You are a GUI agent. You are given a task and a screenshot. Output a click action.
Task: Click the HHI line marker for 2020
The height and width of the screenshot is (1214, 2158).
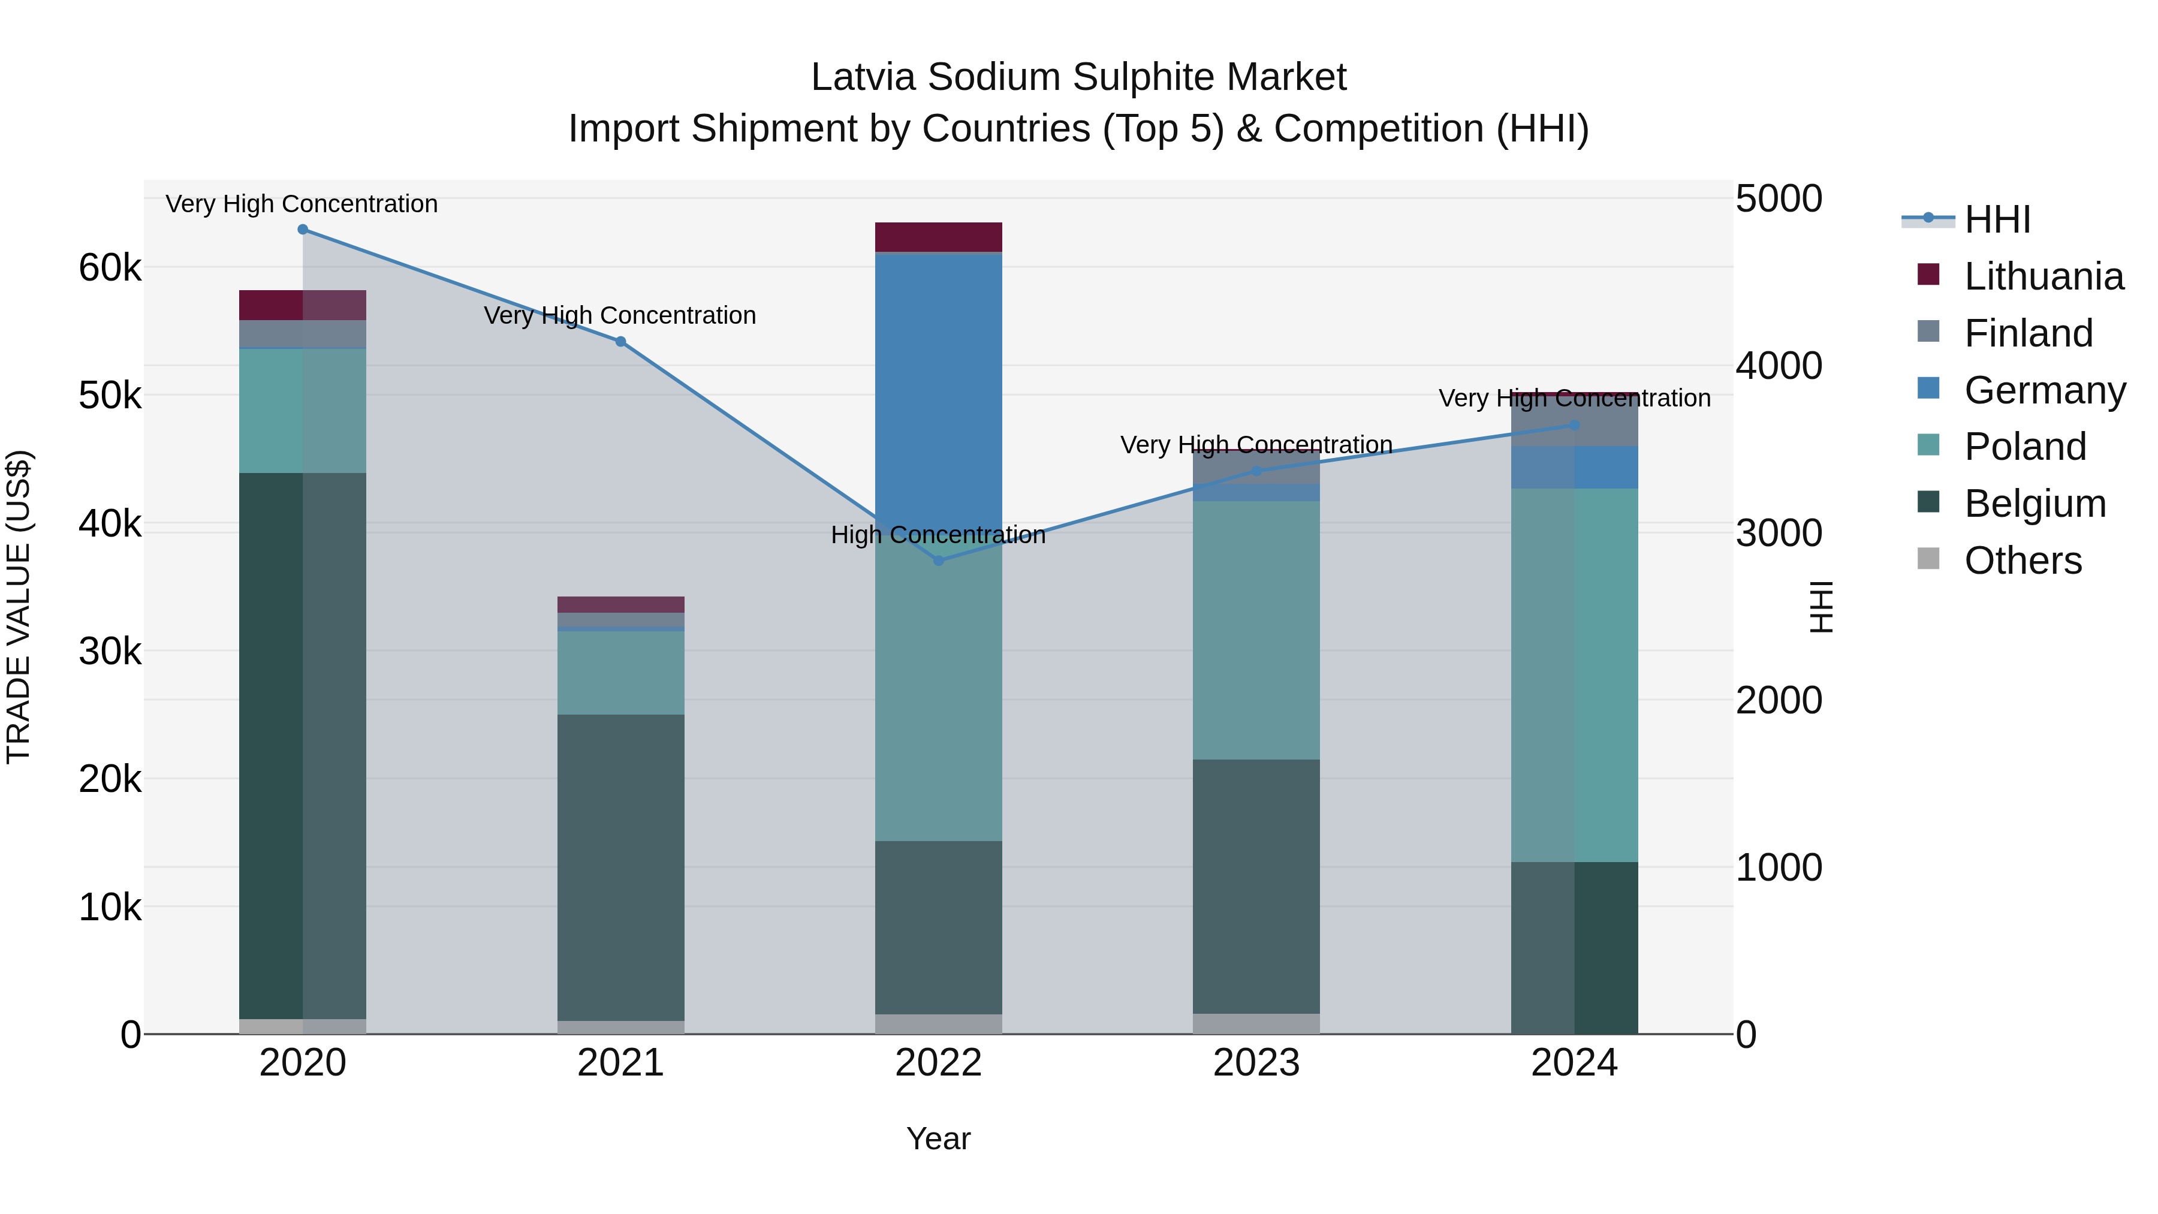[x=303, y=230]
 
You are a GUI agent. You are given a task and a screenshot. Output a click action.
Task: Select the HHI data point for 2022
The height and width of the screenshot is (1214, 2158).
[x=938, y=561]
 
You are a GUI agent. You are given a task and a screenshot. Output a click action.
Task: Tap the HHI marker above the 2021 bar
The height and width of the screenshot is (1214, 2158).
[x=621, y=342]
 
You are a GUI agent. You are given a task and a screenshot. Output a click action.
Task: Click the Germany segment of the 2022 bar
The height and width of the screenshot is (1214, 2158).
[x=938, y=385]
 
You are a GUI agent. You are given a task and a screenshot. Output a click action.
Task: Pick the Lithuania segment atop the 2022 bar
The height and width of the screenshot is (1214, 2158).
[x=938, y=237]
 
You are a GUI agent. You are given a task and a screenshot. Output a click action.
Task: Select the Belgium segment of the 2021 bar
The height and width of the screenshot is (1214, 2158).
[x=621, y=867]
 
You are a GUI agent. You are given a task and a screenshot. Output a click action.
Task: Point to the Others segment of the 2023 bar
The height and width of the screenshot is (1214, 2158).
[x=1256, y=1024]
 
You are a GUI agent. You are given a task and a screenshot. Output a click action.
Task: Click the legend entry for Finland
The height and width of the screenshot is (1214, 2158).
[x=2028, y=333]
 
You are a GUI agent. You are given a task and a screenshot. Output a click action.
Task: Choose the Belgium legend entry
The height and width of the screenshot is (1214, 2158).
[x=2034, y=504]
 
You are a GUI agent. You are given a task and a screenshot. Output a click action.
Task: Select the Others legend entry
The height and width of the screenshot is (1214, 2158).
[x=2023, y=561]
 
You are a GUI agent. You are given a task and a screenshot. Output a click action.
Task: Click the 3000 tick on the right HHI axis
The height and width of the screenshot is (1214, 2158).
[x=1779, y=533]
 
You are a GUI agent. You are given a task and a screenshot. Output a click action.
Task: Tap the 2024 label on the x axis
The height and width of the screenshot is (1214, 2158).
[x=1574, y=1063]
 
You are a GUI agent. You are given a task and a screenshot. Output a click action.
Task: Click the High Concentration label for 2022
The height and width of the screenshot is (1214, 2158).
[x=938, y=535]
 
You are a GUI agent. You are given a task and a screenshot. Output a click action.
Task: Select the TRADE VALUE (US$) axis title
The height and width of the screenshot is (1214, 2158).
[x=19, y=607]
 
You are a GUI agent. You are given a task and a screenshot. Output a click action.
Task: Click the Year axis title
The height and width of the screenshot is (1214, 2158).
[x=938, y=1138]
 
